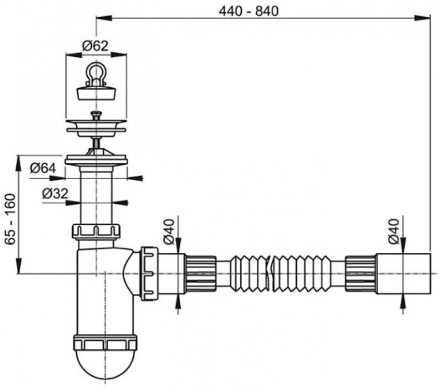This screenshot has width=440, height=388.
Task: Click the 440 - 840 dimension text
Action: [249, 11]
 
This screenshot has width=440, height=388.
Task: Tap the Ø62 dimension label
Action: [95, 46]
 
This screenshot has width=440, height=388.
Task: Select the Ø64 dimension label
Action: [43, 168]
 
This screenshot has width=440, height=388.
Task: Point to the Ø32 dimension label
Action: [55, 193]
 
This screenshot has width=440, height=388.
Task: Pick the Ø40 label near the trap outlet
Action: [169, 232]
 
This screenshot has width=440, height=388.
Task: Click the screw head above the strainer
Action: [96, 115]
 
